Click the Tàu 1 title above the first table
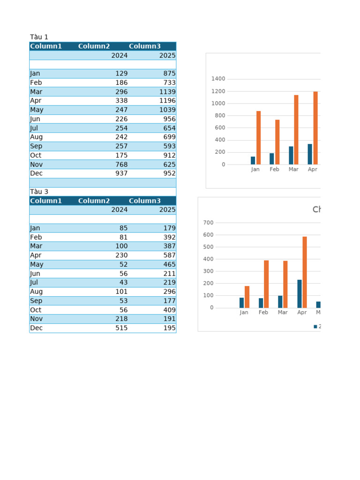coord(39,37)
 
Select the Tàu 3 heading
coord(39,192)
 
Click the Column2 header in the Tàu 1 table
coord(94,46)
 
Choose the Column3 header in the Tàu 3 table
coord(144,201)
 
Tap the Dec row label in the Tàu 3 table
coord(36,328)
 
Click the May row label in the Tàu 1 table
coord(37,110)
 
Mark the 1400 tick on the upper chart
coord(218,79)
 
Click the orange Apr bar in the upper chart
coord(315,127)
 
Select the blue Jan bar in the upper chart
coord(253,160)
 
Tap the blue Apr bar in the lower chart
coord(300,293)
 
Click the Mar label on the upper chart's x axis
coord(293,170)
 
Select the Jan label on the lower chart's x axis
coord(244,313)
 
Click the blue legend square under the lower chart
coord(315,327)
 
